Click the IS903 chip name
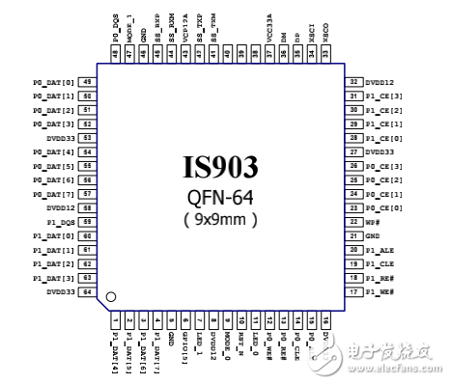click(221, 169)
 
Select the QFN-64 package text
click(221, 198)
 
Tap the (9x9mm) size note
click(221, 219)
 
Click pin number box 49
click(88, 83)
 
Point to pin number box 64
click(88, 290)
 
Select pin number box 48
click(117, 55)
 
